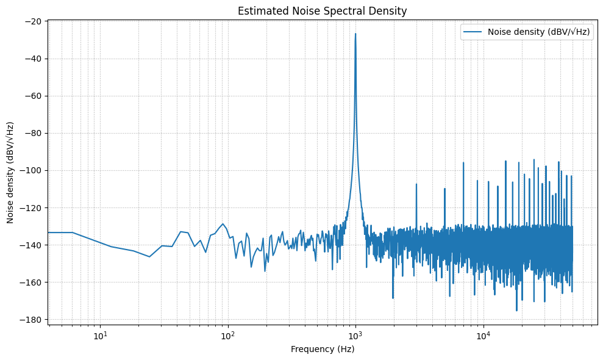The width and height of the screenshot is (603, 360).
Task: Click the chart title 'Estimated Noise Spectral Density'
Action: coord(322,11)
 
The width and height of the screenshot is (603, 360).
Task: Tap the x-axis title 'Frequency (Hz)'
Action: coord(322,350)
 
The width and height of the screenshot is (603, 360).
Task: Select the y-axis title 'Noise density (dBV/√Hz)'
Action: coord(11,172)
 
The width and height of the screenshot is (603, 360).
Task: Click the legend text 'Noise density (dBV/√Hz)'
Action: coord(539,33)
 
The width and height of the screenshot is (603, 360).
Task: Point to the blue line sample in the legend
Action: coord(473,33)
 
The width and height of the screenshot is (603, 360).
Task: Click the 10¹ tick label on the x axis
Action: coord(101,334)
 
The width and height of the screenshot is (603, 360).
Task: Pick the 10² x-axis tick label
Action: coord(228,334)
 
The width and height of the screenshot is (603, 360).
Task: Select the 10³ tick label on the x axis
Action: coord(355,334)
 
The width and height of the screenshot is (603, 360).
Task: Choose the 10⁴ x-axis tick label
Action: coord(483,334)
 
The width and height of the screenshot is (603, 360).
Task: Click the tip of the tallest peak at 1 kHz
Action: coord(355,34)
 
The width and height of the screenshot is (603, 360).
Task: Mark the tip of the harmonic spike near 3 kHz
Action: coord(416,184)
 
